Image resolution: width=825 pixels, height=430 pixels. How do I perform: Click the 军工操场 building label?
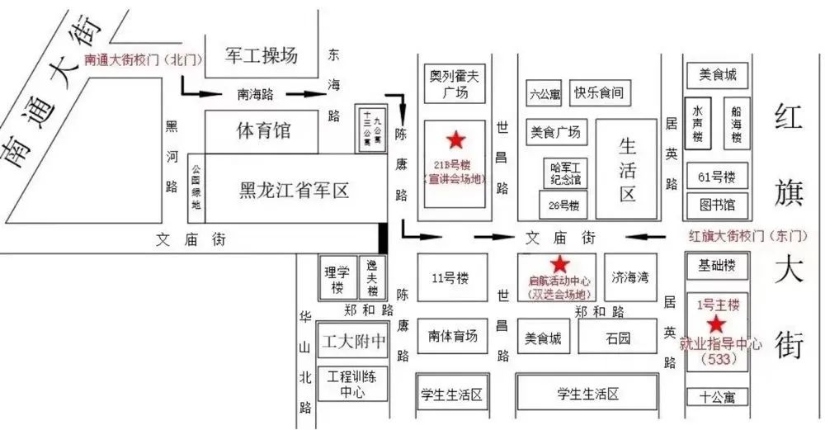(262, 56)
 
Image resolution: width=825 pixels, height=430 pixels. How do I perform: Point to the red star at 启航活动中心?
(559, 264)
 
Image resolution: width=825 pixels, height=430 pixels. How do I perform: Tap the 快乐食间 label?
(598, 92)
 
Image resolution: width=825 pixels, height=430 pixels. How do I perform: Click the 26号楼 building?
(563, 205)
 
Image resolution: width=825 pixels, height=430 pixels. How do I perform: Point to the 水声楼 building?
(698, 124)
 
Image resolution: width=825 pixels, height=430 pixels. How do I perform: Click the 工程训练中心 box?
(352, 384)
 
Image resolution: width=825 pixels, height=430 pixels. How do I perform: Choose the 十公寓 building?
(716, 397)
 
